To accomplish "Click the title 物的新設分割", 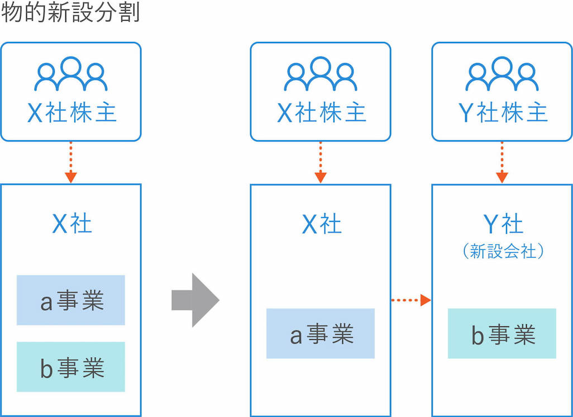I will click(x=70, y=12).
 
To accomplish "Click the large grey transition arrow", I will click(x=195, y=300).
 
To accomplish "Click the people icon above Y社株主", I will click(x=502, y=74).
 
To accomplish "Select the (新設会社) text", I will click(x=502, y=252).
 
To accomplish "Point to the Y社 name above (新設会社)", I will click(x=502, y=225).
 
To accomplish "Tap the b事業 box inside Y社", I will click(x=502, y=334).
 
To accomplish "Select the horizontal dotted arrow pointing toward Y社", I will click(x=411, y=300).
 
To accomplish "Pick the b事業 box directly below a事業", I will click(x=71, y=367).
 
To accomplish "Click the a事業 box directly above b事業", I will click(x=71, y=300).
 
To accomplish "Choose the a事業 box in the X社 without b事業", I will click(x=321, y=334).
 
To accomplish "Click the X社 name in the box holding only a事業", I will click(x=321, y=225).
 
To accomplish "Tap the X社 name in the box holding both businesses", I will click(x=71, y=225).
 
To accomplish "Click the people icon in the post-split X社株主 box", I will click(x=321, y=74).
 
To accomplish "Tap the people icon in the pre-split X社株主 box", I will click(x=71, y=74).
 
